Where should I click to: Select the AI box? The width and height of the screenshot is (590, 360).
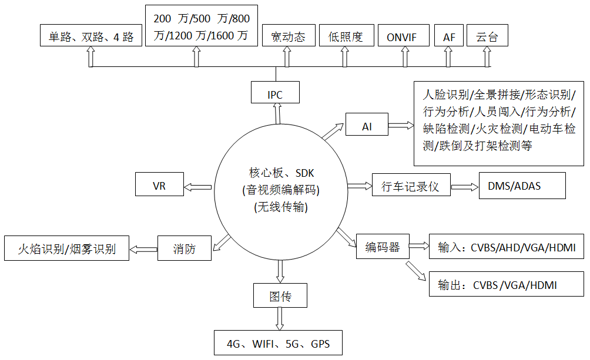367,125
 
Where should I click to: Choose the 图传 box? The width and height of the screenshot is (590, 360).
280,295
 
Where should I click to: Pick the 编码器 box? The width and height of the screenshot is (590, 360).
382,247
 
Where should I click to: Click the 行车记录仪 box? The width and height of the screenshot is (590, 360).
410,186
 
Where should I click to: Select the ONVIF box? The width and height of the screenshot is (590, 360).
401,36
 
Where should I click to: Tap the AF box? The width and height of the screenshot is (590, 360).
448,36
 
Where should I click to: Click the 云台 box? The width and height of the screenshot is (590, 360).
487,36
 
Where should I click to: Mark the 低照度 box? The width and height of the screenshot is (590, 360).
346,36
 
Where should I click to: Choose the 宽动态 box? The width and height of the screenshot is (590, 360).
288,36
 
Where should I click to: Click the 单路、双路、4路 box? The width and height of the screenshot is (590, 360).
90,36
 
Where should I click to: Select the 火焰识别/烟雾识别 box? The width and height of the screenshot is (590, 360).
66,248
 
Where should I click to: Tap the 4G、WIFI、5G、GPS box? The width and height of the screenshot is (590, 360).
277,343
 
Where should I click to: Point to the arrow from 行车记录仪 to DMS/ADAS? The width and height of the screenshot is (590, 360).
465,186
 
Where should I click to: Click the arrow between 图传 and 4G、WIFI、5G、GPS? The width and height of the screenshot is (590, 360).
280,319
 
